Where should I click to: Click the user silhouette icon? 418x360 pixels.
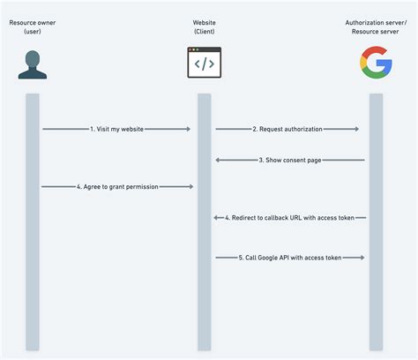[x=33, y=64]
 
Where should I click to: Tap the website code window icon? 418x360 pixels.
[x=204, y=64]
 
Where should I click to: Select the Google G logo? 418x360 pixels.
[x=376, y=64]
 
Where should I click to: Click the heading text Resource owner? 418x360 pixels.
[x=33, y=20]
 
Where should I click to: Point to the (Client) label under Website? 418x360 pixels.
[x=204, y=32]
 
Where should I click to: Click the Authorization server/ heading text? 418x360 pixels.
[x=376, y=20]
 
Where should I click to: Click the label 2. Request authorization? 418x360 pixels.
[x=287, y=130]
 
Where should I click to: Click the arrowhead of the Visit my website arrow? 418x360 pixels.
[x=188, y=130]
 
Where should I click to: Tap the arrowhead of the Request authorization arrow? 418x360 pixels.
[x=356, y=130]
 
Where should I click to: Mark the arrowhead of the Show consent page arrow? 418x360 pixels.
[x=218, y=160]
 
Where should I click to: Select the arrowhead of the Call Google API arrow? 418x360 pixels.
[x=362, y=258]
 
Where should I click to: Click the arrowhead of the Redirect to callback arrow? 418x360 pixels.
[x=216, y=217]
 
